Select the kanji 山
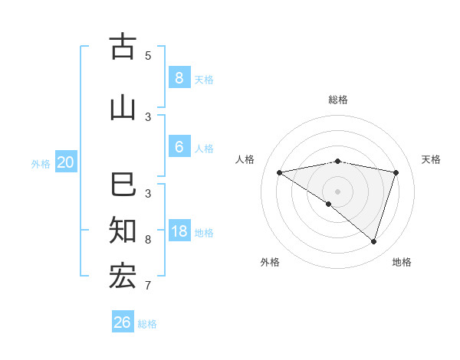(123, 107)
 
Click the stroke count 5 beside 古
(148, 55)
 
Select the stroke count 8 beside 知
(148, 240)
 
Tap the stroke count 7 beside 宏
(148, 286)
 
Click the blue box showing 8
(179, 77)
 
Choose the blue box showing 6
(179, 147)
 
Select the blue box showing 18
(179, 231)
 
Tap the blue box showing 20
(66, 162)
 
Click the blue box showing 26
(123, 322)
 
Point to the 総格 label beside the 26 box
(147, 324)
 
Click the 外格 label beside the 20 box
(41, 163)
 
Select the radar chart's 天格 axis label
(431, 159)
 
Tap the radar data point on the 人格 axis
(279, 172)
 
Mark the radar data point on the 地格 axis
(373, 242)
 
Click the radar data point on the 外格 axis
(328, 205)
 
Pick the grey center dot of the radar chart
(337, 191)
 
